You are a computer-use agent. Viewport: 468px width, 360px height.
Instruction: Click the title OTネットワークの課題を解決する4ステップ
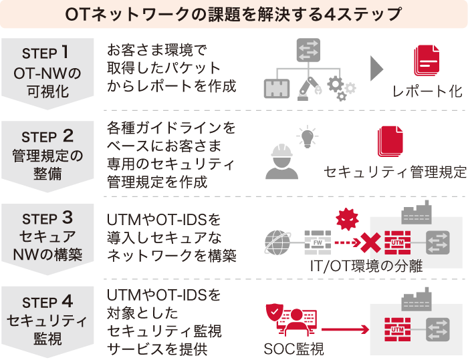click(x=233, y=13)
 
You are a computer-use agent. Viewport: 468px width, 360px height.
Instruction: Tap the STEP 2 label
click(x=51, y=136)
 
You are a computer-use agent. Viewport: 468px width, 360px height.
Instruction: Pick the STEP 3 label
click(x=51, y=218)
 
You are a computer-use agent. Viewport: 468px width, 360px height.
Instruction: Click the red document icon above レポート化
click(x=426, y=61)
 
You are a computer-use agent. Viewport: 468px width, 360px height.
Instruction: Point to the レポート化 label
click(x=427, y=92)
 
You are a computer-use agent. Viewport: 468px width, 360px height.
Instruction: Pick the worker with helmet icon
click(x=281, y=162)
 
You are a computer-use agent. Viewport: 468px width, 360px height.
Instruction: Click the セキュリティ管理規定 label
click(x=394, y=172)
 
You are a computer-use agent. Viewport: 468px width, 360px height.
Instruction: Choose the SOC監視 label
click(x=294, y=349)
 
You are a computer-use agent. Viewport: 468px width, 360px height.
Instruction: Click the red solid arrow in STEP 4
click(x=346, y=329)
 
